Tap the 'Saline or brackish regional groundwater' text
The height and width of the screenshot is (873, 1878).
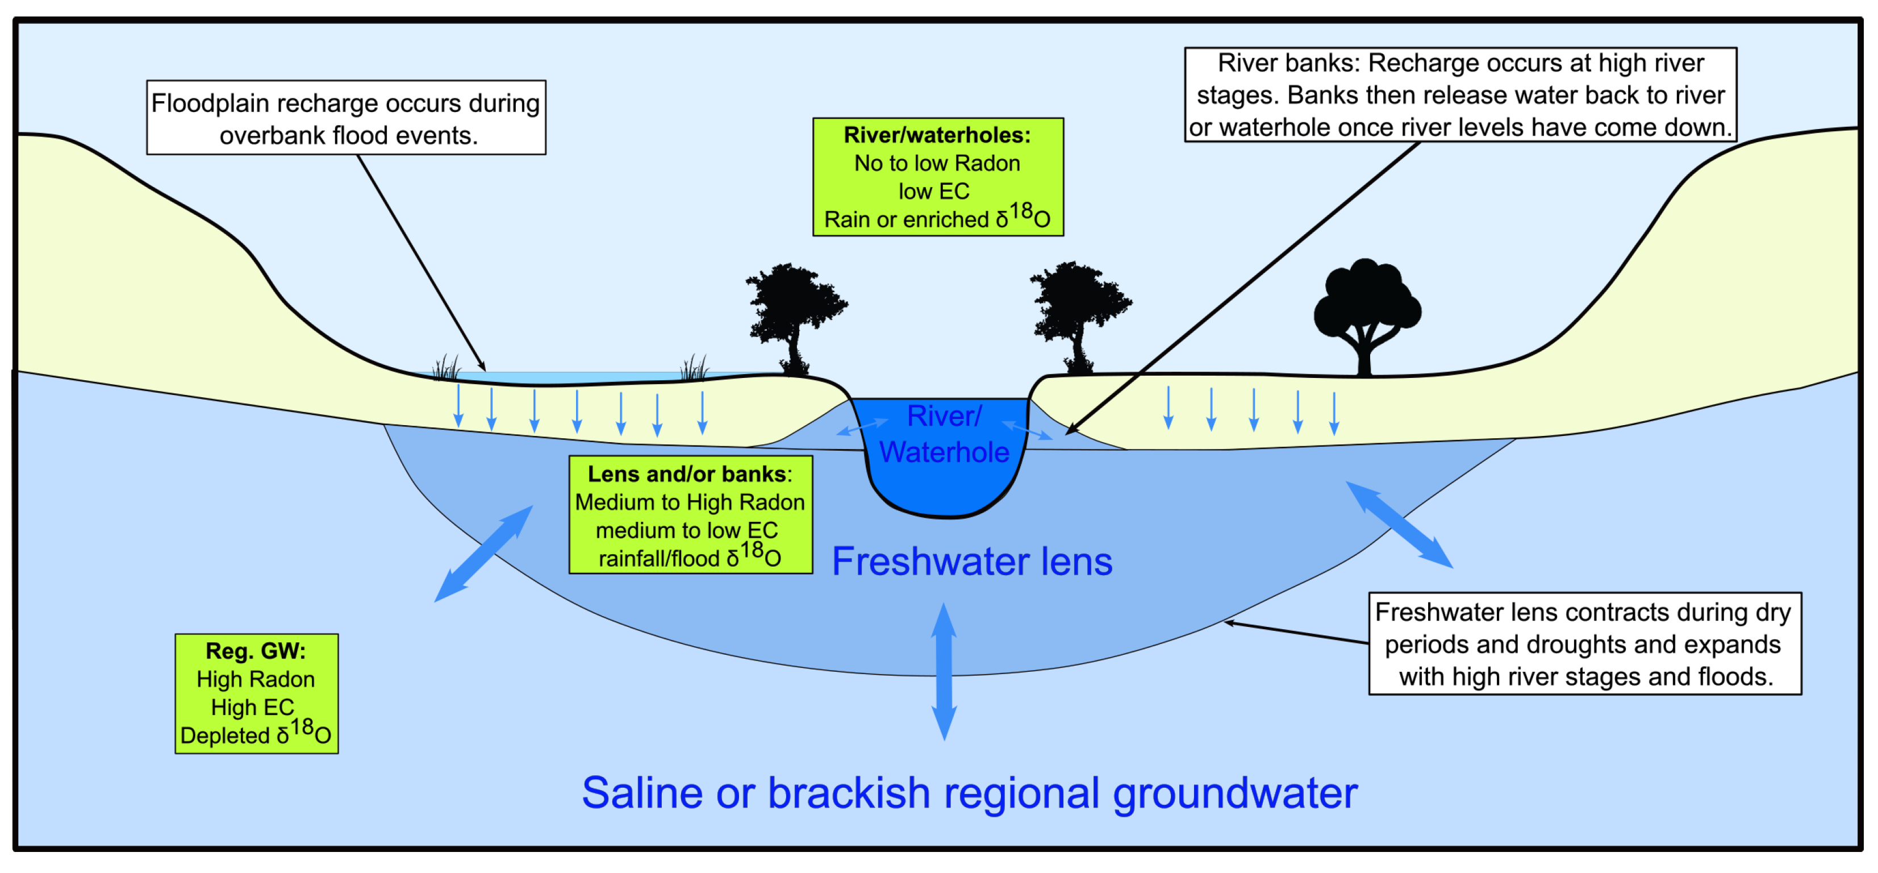[x=969, y=793]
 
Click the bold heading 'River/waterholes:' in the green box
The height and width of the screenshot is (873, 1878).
[x=937, y=135]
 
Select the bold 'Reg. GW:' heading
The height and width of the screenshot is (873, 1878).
[x=255, y=651]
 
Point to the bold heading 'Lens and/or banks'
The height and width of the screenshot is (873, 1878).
[x=687, y=474]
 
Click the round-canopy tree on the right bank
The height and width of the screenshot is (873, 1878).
[x=1366, y=314]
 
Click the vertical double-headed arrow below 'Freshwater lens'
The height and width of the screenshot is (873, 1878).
[x=944, y=671]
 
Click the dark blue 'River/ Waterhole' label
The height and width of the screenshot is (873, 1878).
[x=944, y=434]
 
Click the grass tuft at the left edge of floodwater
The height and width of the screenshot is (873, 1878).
[x=446, y=368]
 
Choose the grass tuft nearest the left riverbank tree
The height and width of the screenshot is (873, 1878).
[x=694, y=368]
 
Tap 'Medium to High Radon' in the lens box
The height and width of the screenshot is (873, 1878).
[x=690, y=502]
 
